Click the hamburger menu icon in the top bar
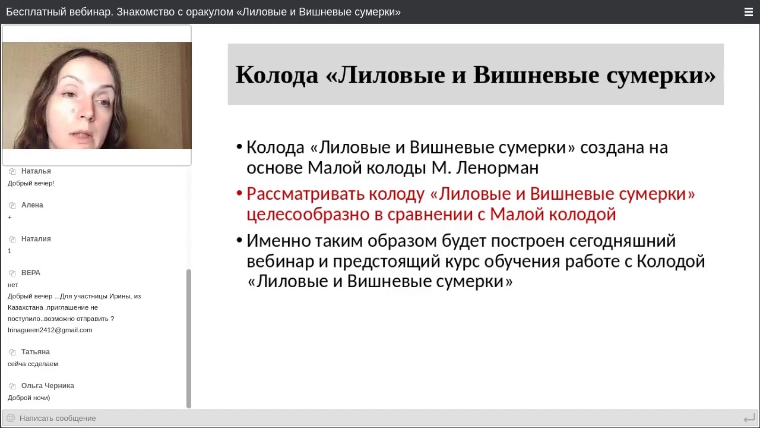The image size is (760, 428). (748, 12)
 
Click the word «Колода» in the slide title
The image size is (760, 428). (277, 75)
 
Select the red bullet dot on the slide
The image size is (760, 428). (239, 194)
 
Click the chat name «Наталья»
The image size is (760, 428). (36, 171)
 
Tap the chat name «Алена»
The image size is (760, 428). (32, 205)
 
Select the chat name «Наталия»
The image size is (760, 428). (36, 239)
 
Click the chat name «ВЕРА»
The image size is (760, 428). (31, 273)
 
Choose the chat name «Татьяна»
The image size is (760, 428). (35, 352)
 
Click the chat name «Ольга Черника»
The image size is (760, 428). (47, 386)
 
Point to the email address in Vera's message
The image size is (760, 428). (50, 330)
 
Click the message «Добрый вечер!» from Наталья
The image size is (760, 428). (31, 183)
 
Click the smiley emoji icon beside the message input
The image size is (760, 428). (11, 418)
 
